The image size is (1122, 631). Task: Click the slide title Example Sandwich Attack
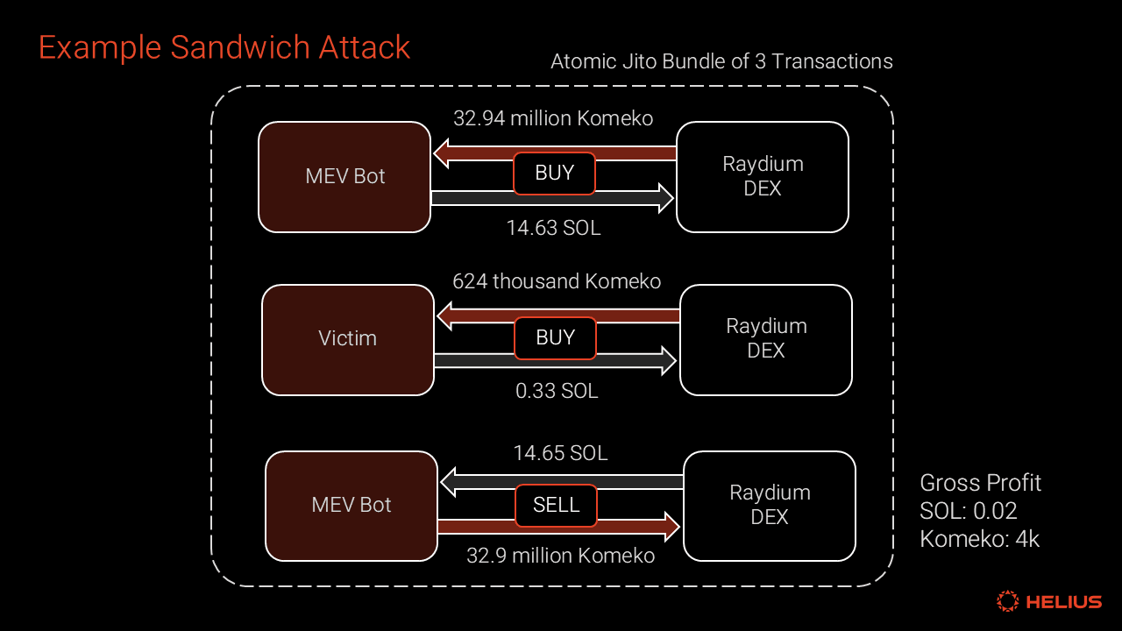[224, 47]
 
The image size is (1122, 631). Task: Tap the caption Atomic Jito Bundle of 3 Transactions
[721, 61]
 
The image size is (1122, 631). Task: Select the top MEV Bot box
[344, 176]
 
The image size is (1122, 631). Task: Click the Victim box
[348, 338]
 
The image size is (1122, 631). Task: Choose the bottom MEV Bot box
[352, 505]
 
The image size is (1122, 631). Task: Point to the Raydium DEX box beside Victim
[765, 338]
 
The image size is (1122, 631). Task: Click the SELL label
[556, 505]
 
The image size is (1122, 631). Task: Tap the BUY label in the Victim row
[555, 338]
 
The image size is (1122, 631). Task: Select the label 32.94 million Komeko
[553, 118]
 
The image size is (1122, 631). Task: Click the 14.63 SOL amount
[553, 228]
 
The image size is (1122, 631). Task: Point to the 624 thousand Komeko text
[557, 281]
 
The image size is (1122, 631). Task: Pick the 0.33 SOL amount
[557, 391]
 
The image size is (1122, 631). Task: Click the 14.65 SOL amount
[560, 453]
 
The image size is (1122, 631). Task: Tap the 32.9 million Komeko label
[560, 556]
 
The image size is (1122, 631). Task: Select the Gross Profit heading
[980, 483]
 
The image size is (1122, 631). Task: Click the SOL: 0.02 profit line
[968, 511]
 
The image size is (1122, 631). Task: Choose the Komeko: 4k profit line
[979, 539]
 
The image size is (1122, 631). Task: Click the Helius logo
[1049, 601]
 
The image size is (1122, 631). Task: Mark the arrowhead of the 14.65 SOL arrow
[448, 481]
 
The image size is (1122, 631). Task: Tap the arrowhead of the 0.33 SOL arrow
[669, 360]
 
